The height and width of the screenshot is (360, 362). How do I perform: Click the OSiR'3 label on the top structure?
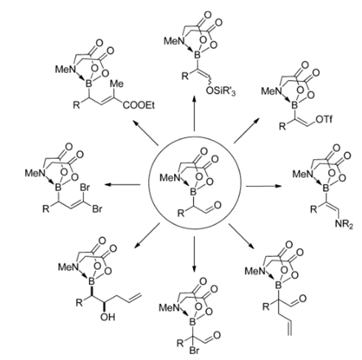click(x=220, y=91)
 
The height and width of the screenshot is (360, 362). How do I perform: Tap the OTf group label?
click(x=324, y=120)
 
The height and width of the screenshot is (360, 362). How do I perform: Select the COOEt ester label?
click(x=139, y=105)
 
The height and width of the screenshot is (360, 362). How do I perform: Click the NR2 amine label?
click(x=344, y=224)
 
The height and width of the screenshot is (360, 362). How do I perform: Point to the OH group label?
click(x=108, y=317)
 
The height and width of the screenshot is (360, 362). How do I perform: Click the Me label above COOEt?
click(x=116, y=84)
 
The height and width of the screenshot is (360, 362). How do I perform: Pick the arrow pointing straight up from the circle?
click(x=194, y=114)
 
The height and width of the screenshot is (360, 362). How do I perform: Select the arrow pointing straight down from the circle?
click(x=194, y=255)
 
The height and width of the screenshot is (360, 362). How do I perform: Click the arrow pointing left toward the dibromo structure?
click(x=122, y=184)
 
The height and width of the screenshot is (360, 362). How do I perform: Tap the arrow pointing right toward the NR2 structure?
click(x=263, y=186)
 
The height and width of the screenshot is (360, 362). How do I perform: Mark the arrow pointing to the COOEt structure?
click(x=145, y=132)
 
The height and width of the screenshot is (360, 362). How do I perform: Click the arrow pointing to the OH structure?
click(x=147, y=235)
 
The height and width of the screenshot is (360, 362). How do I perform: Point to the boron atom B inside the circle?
click(x=193, y=192)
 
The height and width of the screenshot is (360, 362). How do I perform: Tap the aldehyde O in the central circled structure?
click(x=217, y=205)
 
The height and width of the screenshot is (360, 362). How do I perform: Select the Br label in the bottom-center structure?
click(x=194, y=350)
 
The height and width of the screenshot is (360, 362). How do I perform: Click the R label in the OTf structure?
click(x=283, y=126)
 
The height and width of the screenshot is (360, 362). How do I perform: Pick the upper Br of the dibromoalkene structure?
click(x=85, y=187)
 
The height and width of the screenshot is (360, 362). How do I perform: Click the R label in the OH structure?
click(x=79, y=302)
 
